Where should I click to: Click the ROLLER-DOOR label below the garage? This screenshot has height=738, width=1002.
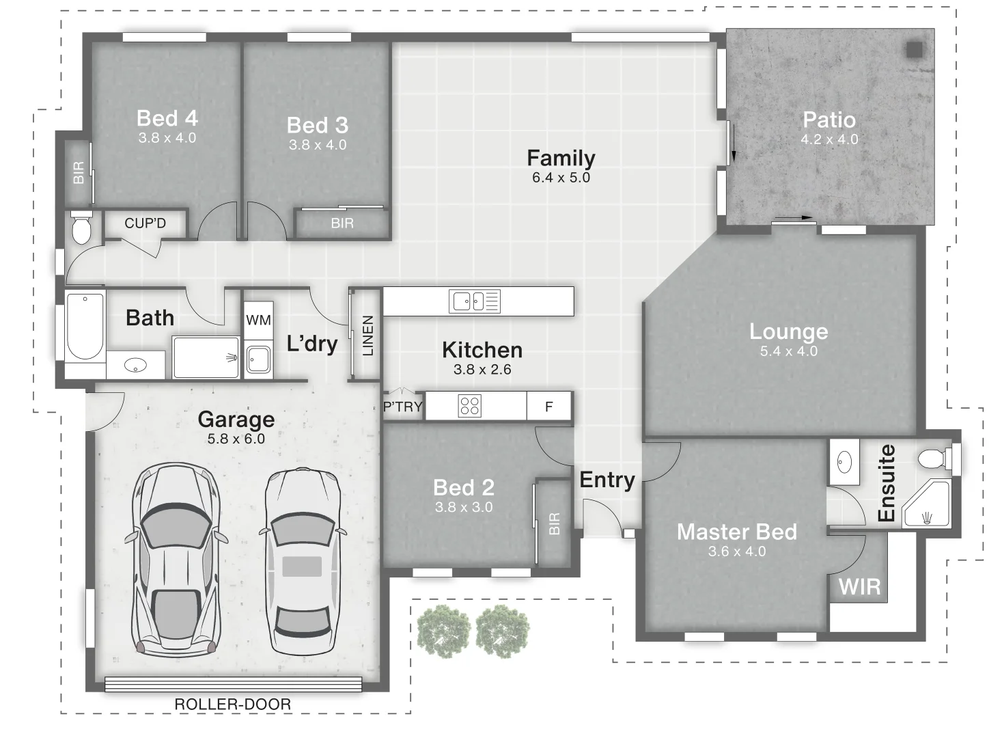(x=233, y=705)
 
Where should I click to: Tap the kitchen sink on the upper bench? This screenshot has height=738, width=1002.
(x=475, y=301)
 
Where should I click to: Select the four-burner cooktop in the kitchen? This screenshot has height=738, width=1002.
(x=470, y=406)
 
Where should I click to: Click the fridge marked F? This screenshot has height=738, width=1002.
(x=549, y=407)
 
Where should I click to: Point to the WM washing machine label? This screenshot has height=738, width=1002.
(x=259, y=320)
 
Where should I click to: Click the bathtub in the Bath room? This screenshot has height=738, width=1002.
(x=85, y=326)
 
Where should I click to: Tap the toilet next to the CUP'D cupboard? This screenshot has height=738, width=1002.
(x=81, y=228)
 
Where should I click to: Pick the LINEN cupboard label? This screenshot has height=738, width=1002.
(x=367, y=336)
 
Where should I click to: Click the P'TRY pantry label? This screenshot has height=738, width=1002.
(x=402, y=407)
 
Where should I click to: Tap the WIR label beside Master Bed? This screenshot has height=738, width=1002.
(x=860, y=587)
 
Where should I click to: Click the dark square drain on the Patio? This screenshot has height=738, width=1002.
(x=915, y=50)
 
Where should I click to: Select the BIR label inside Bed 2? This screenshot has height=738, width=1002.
(x=554, y=523)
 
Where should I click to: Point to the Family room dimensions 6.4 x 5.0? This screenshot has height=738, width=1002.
(x=561, y=178)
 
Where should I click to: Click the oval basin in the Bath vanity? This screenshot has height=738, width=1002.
(x=135, y=366)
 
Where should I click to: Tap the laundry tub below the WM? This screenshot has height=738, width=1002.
(x=259, y=360)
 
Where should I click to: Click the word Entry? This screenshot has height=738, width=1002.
(x=607, y=480)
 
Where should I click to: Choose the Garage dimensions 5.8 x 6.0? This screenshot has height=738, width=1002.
(x=236, y=439)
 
